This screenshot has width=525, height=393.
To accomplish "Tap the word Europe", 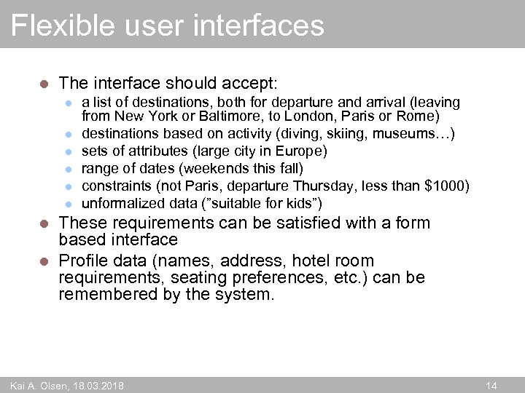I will point(298,151).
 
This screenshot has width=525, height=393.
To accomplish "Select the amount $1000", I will point(444,186).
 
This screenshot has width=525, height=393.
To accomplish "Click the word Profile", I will point(83,261).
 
